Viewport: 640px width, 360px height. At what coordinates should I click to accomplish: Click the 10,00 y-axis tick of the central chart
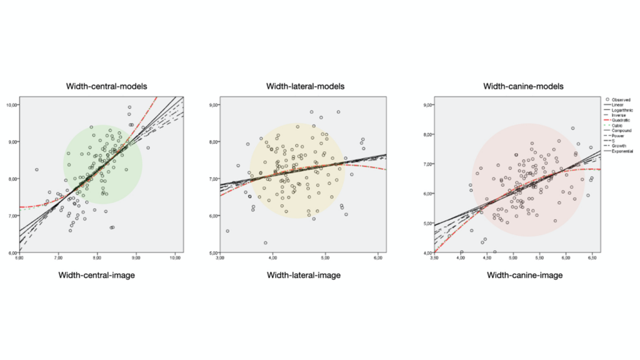coord(11,104)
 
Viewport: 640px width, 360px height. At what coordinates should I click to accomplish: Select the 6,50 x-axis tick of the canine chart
coord(591,257)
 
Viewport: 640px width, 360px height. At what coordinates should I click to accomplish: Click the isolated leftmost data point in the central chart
coord(37,169)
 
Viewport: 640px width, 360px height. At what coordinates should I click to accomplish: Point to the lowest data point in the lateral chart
coord(265,243)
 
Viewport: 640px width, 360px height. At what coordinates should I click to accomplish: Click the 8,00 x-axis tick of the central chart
coord(97,257)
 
